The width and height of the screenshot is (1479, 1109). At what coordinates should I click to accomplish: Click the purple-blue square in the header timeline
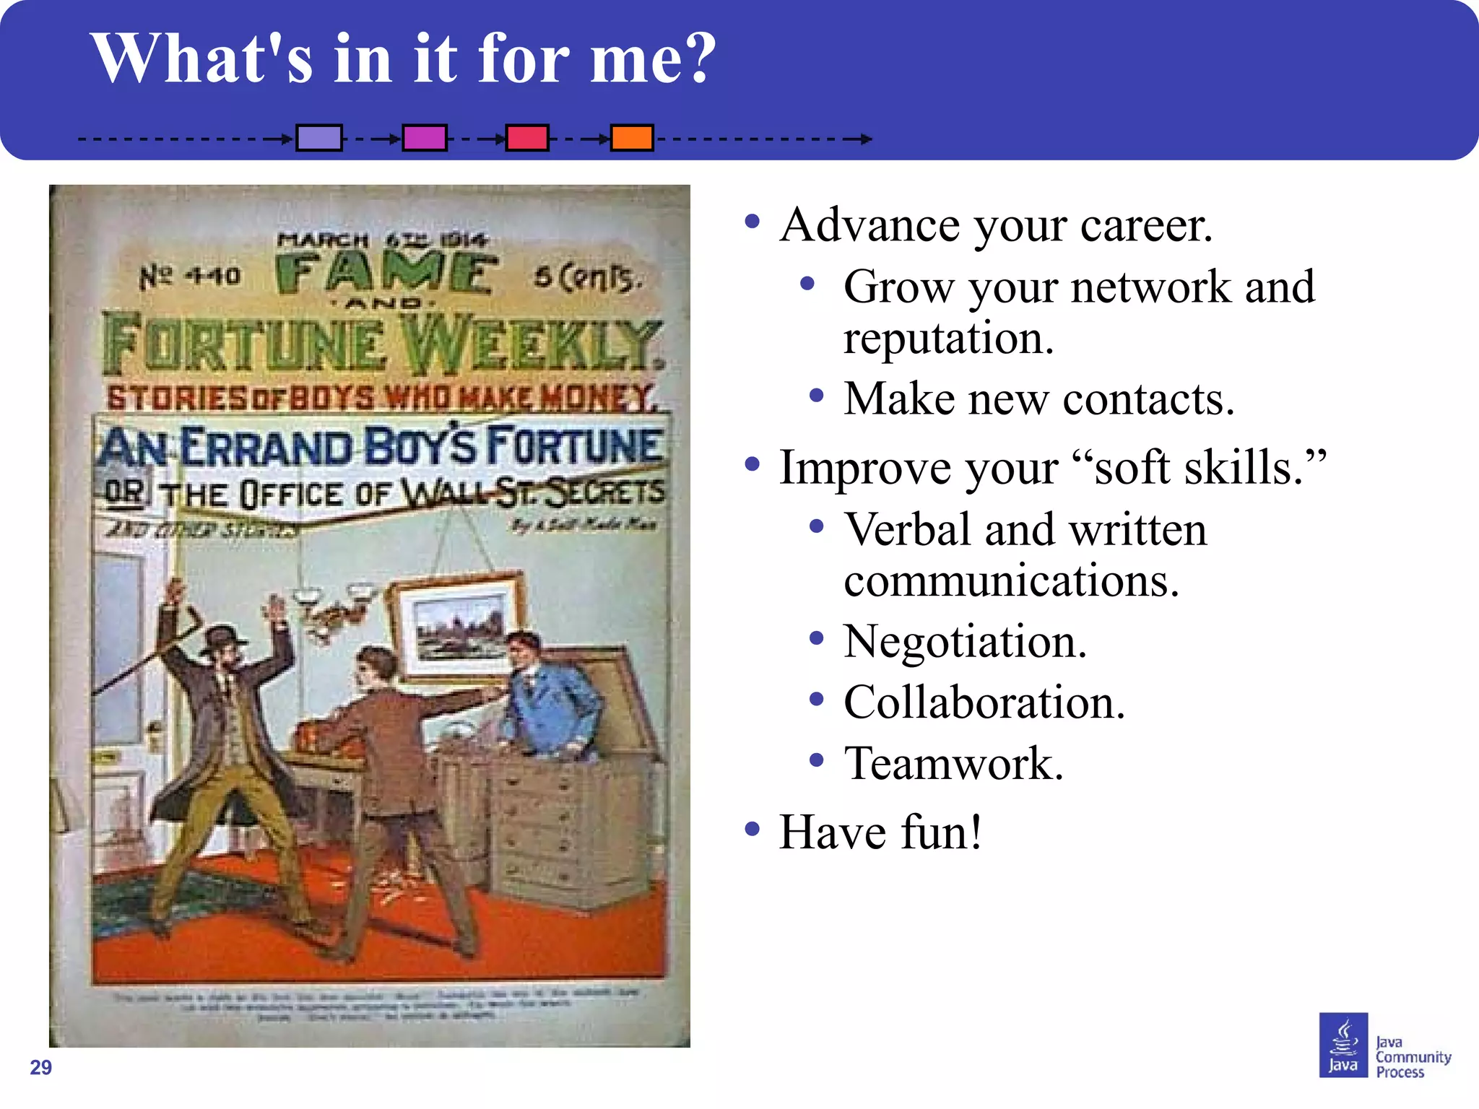pos(319,137)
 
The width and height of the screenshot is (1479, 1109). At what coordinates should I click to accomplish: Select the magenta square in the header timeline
pos(425,137)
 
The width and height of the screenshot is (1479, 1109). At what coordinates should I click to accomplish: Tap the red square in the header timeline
pos(527,137)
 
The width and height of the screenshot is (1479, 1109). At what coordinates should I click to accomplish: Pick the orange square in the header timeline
pos(632,137)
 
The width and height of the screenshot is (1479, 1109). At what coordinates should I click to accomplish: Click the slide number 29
pos(41,1067)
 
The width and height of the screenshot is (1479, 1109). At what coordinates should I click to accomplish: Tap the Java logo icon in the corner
pos(1343,1045)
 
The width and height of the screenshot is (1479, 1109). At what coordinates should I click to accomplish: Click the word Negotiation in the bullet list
pos(965,641)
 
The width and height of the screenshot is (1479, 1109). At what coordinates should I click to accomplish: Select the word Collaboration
pos(984,703)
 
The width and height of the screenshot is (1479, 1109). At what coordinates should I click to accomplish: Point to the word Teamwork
pos(954,764)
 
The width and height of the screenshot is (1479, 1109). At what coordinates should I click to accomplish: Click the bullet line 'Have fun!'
pos(881,832)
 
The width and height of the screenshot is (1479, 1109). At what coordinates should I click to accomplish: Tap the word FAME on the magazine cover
pos(386,274)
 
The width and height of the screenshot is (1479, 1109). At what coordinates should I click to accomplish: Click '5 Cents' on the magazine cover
pos(586,278)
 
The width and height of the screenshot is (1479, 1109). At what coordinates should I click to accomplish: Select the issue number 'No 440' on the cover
pos(189,275)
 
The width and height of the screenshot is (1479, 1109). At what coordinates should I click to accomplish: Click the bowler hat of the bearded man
pos(225,638)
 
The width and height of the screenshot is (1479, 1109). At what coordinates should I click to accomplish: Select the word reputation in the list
pos(948,338)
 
